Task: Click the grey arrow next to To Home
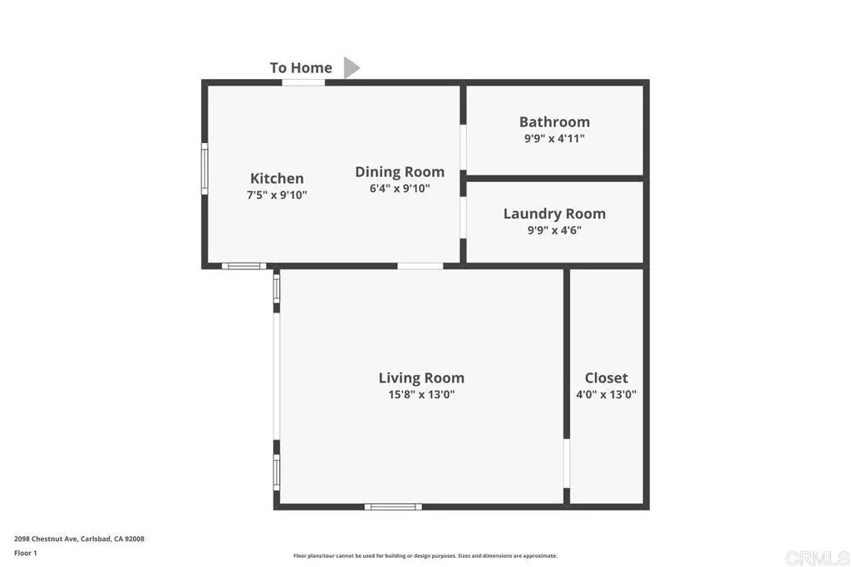352,68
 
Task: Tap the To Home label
301,68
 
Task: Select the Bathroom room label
554,122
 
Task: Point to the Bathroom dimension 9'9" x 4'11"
554,139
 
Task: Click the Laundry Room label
554,214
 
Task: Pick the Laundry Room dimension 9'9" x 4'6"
554,230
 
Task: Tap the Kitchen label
277,179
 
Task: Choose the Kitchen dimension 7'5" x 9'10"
277,195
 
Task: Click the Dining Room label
400,172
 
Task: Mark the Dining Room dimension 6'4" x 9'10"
400,189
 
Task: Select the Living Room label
421,378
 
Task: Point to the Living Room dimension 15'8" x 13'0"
421,395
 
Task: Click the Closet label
606,378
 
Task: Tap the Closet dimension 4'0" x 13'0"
606,395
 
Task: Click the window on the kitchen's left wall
204,169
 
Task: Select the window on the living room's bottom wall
393,506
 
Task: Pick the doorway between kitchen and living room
420,266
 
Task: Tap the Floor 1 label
26,553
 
